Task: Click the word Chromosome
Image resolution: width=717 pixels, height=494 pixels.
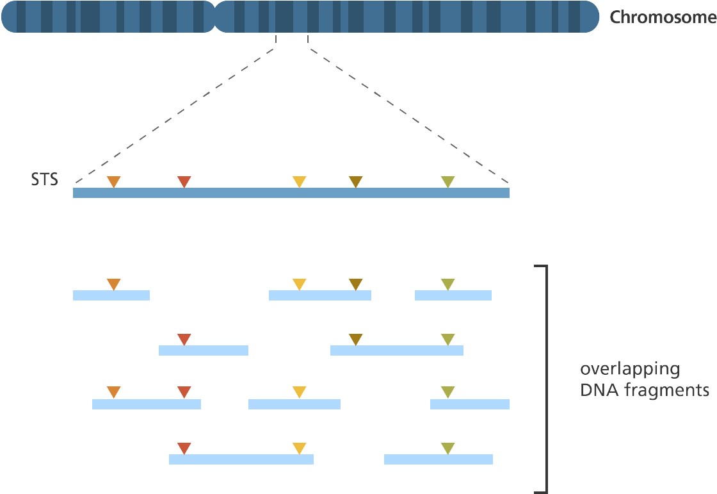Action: (x=662, y=17)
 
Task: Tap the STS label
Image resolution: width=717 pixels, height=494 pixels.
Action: (x=44, y=180)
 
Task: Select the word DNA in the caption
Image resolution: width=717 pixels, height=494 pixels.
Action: (x=595, y=390)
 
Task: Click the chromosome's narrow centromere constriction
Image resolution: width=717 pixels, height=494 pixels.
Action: (x=215, y=17)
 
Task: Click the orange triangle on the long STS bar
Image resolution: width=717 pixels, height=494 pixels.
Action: (x=113, y=182)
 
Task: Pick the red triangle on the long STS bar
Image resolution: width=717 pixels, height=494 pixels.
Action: (x=184, y=182)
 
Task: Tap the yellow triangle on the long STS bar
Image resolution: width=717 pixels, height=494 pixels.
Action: (x=299, y=182)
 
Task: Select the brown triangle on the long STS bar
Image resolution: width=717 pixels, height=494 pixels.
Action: (x=355, y=182)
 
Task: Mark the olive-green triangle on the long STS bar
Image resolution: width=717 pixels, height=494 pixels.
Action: (x=447, y=182)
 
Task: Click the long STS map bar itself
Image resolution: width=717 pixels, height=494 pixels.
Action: (x=291, y=193)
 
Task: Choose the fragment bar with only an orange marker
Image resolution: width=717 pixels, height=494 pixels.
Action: (x=111, y=295)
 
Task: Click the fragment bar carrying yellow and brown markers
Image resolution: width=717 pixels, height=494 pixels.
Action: (x=320, y=295)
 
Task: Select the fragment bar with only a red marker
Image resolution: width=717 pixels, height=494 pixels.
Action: (x=204, y=350)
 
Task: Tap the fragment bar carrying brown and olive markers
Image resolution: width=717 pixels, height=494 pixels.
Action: (x=397, y=350)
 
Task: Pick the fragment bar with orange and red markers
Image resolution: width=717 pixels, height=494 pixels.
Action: (x=147, y=404)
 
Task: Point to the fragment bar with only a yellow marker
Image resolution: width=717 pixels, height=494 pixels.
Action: (x=294, y=404)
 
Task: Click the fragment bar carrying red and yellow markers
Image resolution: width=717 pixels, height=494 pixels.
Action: (x=241, y=459)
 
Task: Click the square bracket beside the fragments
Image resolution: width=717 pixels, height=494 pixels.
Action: (x=545, y=378)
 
